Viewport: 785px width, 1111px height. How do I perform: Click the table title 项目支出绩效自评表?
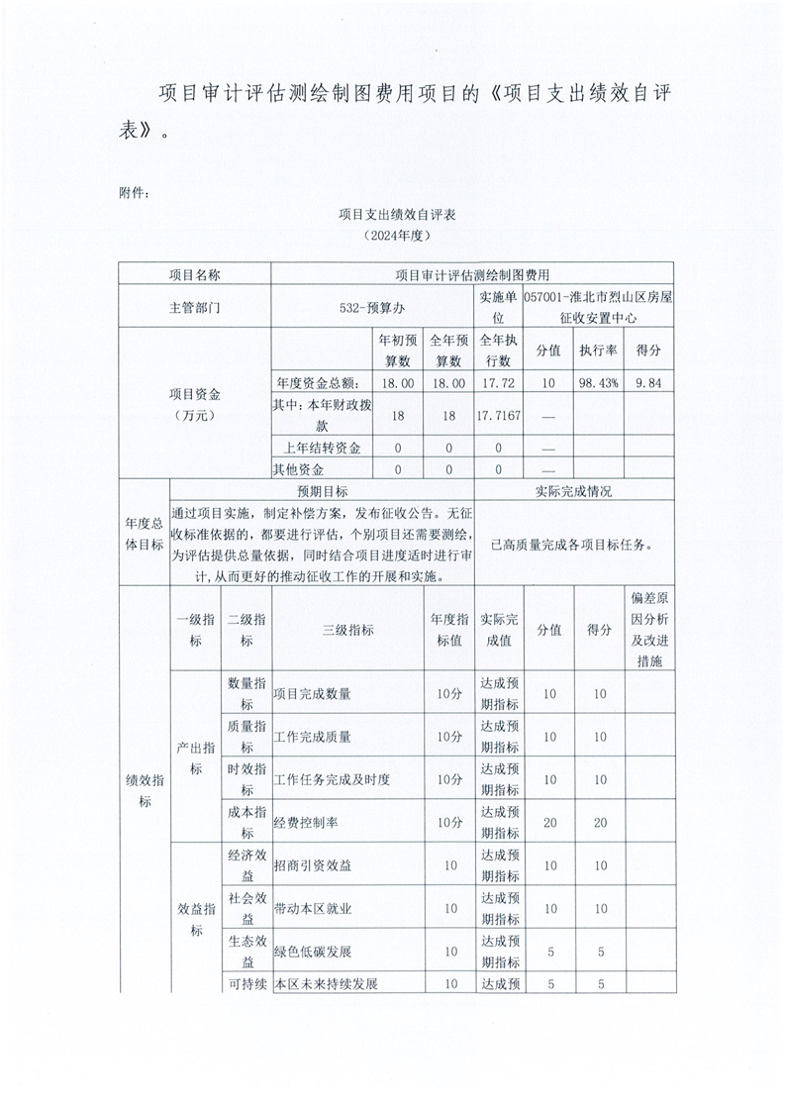point(396,214)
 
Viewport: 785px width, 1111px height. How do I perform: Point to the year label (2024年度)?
point(396,236)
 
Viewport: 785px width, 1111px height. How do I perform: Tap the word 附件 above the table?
point(133,192)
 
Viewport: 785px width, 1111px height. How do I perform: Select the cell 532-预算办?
point(372,307)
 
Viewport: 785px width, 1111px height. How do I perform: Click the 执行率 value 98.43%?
point(599,382)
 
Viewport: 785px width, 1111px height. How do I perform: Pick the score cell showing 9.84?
point(648,382)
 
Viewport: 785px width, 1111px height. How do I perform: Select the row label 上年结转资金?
point(323,448)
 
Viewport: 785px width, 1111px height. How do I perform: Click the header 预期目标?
point(323,491)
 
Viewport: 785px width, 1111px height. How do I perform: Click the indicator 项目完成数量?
point(312,694)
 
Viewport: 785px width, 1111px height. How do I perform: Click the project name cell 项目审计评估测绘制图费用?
point(471,273)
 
